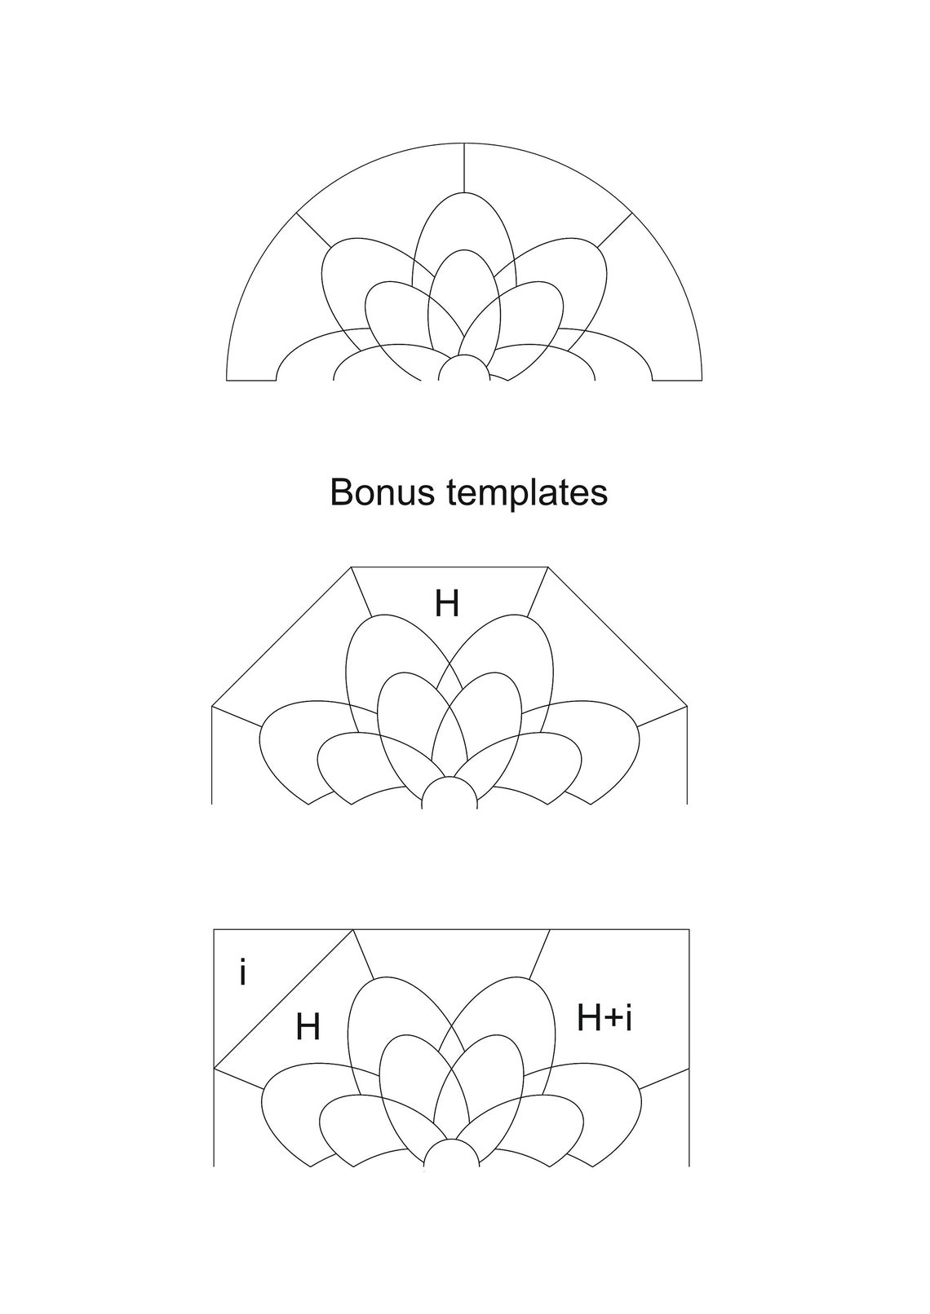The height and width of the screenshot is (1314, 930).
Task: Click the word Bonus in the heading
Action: (383, 492)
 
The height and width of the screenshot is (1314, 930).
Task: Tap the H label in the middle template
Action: (447, 604)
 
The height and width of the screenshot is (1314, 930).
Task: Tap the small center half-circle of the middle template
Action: (449, 792)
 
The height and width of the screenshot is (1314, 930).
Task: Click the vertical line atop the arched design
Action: (464, 167)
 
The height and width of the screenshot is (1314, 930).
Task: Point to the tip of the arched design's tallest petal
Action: (464, 192)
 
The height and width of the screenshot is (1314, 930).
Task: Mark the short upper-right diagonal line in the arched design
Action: (614, 230)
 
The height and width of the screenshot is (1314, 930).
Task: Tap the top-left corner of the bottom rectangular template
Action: (214, 929)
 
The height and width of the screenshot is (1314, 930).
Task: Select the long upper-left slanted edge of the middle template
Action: (281, 637)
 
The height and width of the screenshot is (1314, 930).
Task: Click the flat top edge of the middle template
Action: (449, 567)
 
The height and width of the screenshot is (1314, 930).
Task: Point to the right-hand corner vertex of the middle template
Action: (687, 706)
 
